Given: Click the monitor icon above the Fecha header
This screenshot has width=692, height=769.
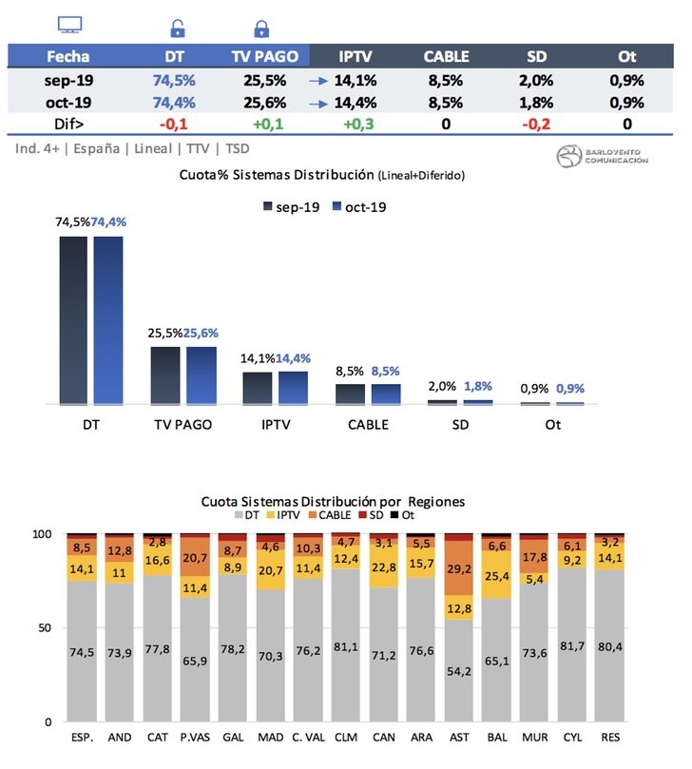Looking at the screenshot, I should [69, 25].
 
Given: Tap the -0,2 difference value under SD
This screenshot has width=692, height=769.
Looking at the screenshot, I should [535, 124].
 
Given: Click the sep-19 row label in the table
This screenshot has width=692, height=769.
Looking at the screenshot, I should [67, 80].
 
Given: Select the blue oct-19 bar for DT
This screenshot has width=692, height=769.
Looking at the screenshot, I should [108, 320].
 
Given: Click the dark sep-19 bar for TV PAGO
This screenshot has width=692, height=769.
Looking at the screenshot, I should [165, 375].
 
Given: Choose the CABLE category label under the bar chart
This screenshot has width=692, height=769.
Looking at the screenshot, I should [369, 425].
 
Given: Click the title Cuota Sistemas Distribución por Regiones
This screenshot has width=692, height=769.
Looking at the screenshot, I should [332, 500].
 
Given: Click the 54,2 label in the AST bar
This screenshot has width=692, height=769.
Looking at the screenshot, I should [458, 671].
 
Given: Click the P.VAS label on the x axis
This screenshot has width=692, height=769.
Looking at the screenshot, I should [195, 737].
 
